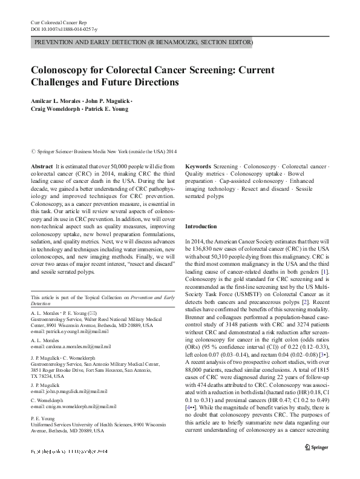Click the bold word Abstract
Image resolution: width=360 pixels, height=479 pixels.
click(x=41, y=165)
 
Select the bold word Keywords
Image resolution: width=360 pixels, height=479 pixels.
click(x=198, y=165)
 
